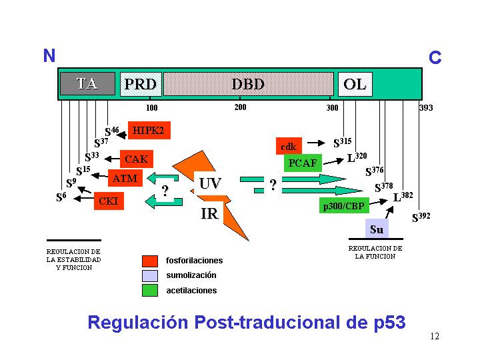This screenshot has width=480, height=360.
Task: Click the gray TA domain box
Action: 87,83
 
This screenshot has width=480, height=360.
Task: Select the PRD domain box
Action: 141,84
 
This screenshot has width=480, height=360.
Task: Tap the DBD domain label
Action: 248,84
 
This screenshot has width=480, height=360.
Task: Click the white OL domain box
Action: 355,84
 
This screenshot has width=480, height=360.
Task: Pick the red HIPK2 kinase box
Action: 149,130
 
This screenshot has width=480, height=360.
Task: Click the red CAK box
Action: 137,159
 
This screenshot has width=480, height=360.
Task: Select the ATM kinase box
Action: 125,178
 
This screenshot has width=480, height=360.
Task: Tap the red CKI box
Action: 109,201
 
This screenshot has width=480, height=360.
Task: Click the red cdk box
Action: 289,146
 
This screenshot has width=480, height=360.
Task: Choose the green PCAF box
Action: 303,163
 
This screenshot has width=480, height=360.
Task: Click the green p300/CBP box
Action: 344,205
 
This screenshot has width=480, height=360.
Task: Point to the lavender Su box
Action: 377,229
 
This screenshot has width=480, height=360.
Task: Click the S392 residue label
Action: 421,217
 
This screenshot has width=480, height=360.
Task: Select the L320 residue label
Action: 357,157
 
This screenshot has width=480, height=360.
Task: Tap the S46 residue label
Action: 112,131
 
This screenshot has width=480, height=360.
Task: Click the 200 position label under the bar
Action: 240,107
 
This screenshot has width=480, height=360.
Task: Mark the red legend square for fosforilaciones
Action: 150,261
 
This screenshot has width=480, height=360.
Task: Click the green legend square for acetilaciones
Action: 150,290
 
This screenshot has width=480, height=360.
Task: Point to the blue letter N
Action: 49,55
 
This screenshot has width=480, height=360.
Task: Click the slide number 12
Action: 435,336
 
